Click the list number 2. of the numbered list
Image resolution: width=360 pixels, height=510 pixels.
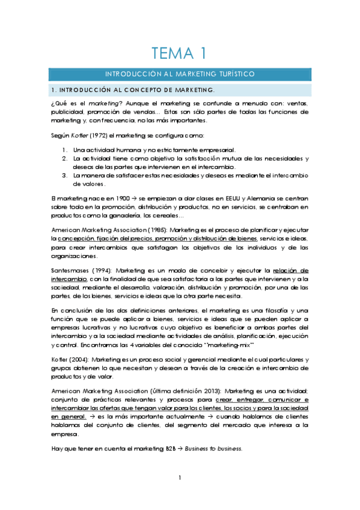pyautogui.click(x=64, y=158)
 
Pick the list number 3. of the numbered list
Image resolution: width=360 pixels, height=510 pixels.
pyautogui.click(x=64, y=175)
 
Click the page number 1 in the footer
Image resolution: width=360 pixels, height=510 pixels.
pyautogui.click(x=179, y=478)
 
